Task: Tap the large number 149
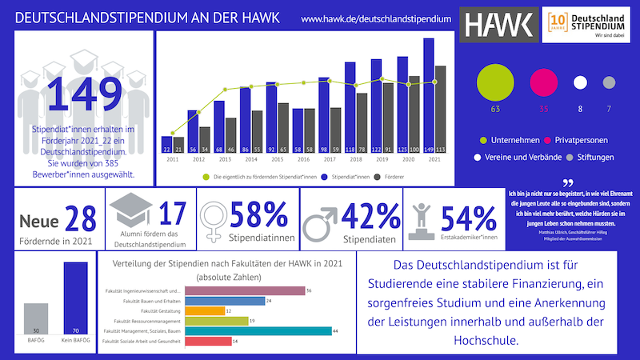[x=78, y=94]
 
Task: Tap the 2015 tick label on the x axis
[x=277, y=160]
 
